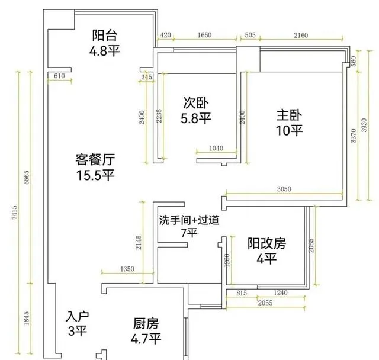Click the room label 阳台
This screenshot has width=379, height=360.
click(105, 36)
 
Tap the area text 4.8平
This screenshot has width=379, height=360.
click(105, 50)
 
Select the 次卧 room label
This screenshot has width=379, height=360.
click(195, 103)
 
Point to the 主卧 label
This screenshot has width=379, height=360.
click(288, 114)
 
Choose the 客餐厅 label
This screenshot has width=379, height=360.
click(95, 160)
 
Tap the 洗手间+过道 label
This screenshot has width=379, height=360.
click(189, 220)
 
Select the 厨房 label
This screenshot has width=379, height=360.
click(146, 324)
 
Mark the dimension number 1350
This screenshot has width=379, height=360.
click(127, 270)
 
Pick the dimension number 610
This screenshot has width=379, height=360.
click(59, 76)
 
